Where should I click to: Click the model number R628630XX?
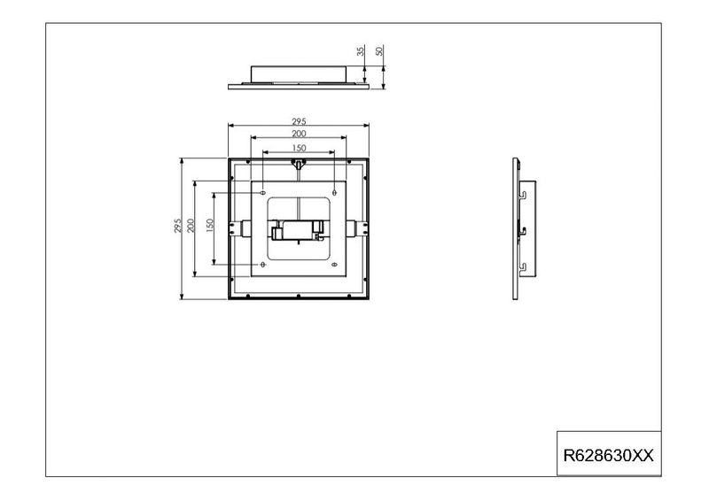point(608,456)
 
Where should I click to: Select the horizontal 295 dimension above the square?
point(299,120)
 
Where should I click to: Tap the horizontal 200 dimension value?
point(299,133)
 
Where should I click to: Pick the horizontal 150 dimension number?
point(299,147)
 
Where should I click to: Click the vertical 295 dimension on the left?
point(178,227)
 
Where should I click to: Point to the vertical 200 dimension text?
point(191,227)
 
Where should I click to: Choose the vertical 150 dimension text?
point(210,227)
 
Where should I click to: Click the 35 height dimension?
point(362,51)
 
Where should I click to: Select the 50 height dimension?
point(379,51)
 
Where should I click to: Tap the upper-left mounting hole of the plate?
point(263,191)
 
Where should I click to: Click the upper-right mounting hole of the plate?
point(333,191)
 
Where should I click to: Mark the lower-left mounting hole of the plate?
point(263,264)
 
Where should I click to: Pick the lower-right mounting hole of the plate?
point(333,264)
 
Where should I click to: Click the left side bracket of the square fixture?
point(236,227)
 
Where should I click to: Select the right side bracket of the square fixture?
point(361,227)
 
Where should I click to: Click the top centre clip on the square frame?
point(299,164)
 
